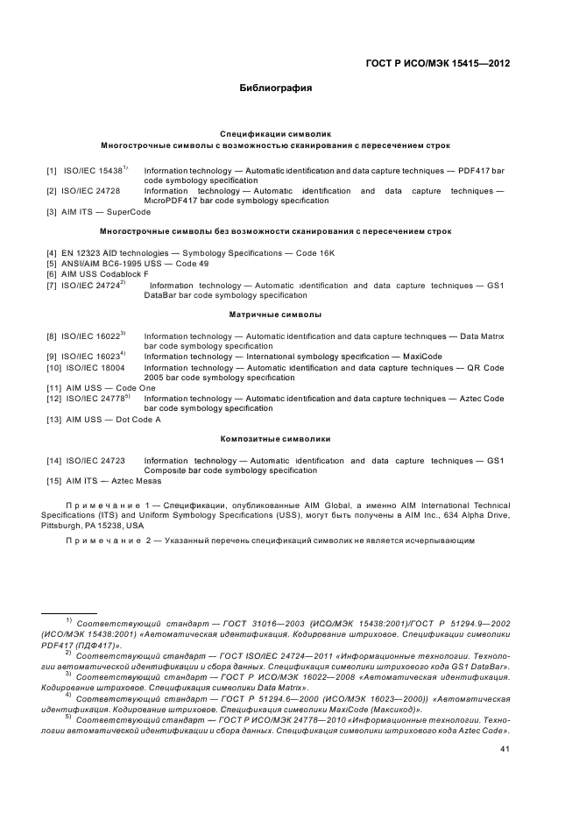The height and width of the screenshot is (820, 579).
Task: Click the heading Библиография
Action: pos(275,88)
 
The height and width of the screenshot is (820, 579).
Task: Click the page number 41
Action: pos(505,749)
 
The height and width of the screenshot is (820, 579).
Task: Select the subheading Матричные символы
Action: pos(275,314)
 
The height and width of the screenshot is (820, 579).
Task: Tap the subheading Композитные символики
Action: pos(275,438)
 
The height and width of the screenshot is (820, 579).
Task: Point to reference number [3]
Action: pos(52,212)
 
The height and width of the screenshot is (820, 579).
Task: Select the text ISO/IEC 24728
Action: pos(91,190)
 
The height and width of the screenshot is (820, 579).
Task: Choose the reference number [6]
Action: pos(52,274)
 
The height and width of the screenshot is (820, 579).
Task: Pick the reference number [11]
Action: pos(53,388)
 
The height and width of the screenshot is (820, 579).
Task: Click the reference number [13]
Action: pos(53,420)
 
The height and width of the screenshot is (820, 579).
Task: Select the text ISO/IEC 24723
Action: pos(93,460)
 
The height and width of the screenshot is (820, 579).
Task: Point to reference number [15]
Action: pos(53,481)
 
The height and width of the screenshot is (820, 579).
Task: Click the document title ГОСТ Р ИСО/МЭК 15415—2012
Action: pos(436,63)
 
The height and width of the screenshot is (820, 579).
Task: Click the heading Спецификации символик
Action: pos(275,134)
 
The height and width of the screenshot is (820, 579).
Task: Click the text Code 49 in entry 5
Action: pos(192,264)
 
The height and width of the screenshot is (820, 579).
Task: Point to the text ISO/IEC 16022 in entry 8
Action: pos(90,336)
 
